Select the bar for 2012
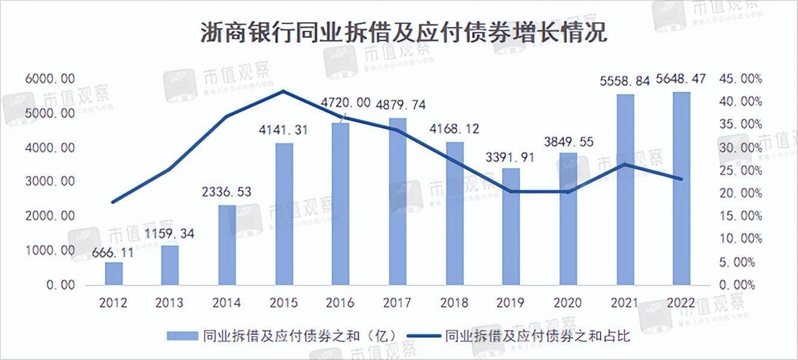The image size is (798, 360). [113, 274]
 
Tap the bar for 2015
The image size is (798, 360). [284, 214]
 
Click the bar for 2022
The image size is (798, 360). [682, 188]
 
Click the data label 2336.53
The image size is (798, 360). [227, 193]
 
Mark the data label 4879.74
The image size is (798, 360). [400, 105]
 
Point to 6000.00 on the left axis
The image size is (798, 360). [50, 79]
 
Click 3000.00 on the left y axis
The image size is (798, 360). [50, 182]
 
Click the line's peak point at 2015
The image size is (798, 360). [284, 91]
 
